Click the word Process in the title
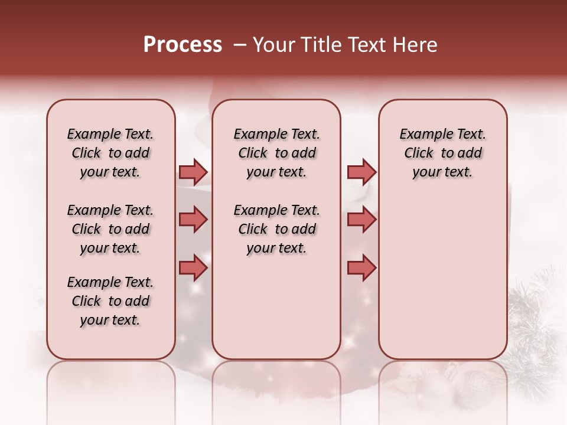click(x=183, y=45)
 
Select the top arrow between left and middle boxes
click(x=193, y=172)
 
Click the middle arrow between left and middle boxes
click(x=193, y=220)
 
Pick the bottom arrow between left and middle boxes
click(x=193, y=267)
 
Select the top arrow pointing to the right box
click(x=361, y=172)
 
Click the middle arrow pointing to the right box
click(x=361, y=220)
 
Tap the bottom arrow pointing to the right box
click(x=361, y=267)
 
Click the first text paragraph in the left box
click(x=110, y=153)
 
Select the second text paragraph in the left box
click(x=110, y=229)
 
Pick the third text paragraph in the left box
click(x=110, y=301)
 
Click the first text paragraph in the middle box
click(x=277, y=153)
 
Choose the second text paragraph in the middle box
click(x=277, y=229)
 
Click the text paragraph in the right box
click(x=442, y=153)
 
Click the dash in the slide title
click(x=240, y=45)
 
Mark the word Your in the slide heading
click(x=273, y=45)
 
